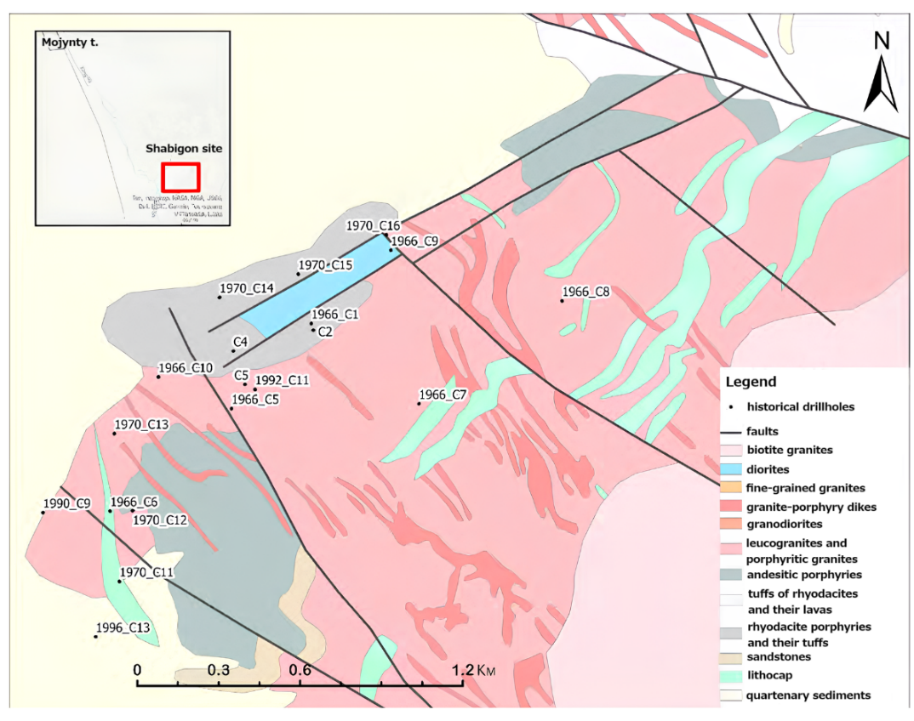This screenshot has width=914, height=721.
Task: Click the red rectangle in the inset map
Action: pyautogui.click(x=180, y=177)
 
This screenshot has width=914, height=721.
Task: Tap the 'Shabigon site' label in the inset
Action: pyautogui.click(x=183, y=148)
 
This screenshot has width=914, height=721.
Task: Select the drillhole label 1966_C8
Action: pyautogui.click(x=586, y=292)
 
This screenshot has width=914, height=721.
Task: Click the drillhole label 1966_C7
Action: pyautogui.click(x=443, y=395)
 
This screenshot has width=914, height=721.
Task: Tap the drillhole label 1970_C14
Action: pyautogui.click(x=247, y=289)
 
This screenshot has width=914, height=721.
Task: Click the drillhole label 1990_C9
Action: pyautogui.click(x=66, y=504)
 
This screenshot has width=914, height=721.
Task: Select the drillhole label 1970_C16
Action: pyautogui.click(x=373, y=225)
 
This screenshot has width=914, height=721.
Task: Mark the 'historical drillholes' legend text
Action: pyautogui.click(x=800, y=406)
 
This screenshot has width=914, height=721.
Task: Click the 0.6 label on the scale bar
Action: pyautogui.click(x=300, y=669)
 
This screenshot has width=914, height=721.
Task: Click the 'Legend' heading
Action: pyautogui.click(x=751, y=382)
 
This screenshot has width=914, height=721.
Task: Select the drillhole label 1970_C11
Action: pyautogui.click(x=147, y=572)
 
